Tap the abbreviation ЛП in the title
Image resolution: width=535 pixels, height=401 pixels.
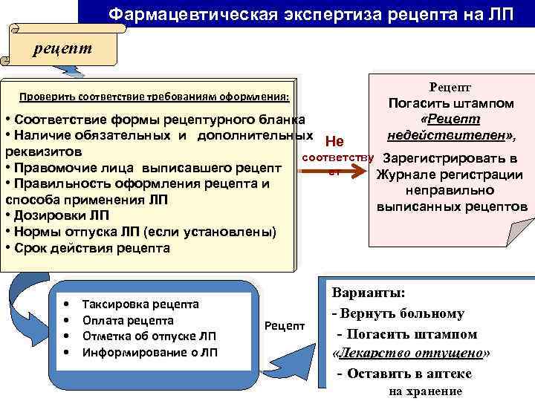coord(496,13)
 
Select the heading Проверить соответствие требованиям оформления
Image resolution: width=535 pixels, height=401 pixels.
coord(155,97)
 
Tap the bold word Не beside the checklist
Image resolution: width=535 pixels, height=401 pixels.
coord(334,142)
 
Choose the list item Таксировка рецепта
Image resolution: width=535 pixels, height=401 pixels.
coord(140,304)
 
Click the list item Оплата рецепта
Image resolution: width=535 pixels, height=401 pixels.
coord(128,320)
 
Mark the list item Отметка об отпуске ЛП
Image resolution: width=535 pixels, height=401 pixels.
coord(149,336)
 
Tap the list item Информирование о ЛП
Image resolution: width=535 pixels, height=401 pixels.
coord(149,352)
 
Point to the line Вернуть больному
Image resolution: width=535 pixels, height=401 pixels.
coord(404,313)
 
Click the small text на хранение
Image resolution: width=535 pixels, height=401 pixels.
coord(425,391)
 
